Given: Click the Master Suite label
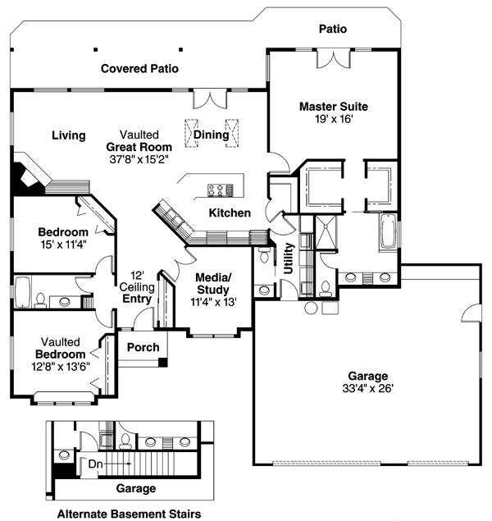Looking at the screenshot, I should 333,107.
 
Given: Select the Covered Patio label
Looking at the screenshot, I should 139,69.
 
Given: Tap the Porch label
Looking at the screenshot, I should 143,347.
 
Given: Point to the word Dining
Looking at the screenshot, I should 210,135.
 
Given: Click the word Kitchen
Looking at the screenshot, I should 229,213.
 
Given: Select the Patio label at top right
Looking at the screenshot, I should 332,29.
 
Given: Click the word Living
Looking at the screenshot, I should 68,135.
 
